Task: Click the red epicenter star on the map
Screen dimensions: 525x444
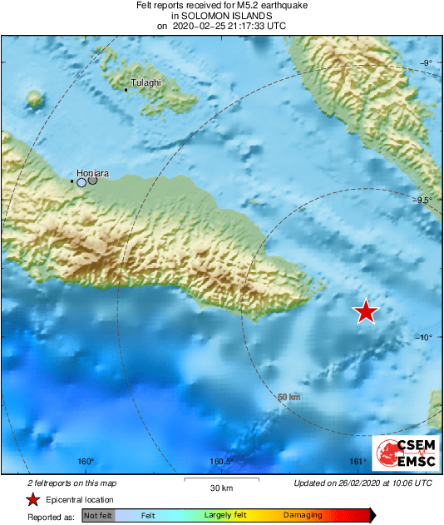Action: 366,311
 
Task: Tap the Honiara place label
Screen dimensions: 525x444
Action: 92,173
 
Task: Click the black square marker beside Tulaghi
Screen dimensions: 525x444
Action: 126,89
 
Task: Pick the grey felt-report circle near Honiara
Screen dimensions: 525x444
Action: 93,180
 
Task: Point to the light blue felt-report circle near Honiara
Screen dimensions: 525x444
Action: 81,182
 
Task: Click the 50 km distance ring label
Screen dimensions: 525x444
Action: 289,398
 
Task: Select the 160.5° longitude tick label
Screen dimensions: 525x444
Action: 221,462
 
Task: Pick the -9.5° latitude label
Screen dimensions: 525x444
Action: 424,200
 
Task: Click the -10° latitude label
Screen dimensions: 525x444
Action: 424,337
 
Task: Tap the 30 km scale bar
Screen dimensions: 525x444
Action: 221,479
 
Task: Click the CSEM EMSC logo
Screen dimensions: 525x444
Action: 405,453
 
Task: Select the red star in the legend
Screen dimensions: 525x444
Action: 32,499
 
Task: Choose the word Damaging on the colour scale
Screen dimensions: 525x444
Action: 303,516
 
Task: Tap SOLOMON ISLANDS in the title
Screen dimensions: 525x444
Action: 221,16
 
